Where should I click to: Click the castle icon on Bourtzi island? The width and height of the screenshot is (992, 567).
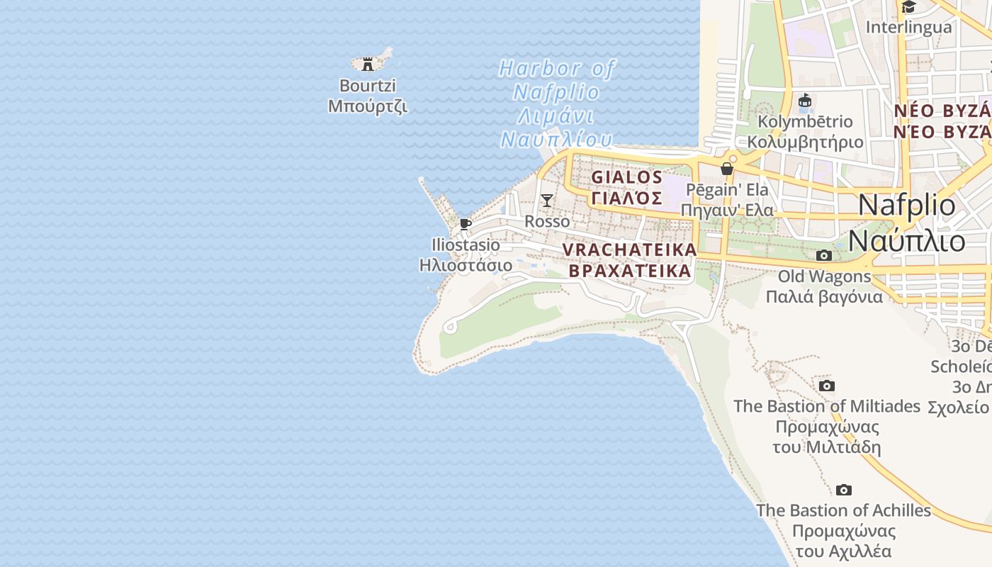(368, 64)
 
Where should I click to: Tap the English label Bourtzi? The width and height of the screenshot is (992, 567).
(368, 86)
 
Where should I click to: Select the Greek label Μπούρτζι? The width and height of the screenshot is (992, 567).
(368, 106)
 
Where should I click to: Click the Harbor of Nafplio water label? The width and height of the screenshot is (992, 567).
(557, 80)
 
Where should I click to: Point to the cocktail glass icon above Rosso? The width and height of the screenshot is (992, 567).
(547, 200)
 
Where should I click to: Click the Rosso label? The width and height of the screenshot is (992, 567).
(547, 222)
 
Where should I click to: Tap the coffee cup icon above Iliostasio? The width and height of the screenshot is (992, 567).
(466, 224)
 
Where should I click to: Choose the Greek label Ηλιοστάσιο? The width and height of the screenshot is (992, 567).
(466, 266)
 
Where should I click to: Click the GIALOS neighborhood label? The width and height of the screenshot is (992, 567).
(627, 177)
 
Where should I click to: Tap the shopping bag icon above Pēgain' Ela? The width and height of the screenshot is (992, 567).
(726, 169)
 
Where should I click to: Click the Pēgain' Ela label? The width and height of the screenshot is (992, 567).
(724, 190)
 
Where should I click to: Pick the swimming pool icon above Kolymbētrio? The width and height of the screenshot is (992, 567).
(805, 101)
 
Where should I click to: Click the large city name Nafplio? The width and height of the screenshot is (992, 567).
(907, 206)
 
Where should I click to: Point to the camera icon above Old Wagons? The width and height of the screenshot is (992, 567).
(823, 255)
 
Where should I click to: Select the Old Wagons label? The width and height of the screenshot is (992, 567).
(824, 276)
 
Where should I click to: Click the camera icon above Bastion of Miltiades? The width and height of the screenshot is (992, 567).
(826, 386)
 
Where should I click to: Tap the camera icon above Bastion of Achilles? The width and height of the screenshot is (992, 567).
(843, 490)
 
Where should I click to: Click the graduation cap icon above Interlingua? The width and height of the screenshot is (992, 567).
(908, 7)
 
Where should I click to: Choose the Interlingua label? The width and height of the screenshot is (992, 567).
(909, 28)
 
